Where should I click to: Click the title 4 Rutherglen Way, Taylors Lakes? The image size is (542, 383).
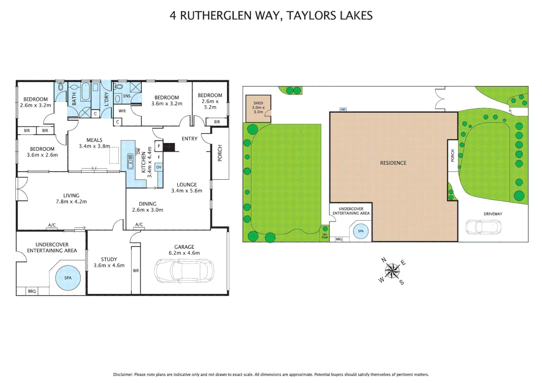[x=271, y=16]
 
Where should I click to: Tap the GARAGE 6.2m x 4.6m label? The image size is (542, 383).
[x=184, y=250]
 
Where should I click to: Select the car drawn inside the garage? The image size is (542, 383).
[x=184, y=271]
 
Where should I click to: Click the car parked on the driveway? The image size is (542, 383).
[x=483, y=227]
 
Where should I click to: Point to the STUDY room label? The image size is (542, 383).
[x=109, y=262]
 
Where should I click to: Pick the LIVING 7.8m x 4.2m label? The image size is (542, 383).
[x=71, y=198]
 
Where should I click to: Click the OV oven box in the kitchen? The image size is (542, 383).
[x=159, y=167]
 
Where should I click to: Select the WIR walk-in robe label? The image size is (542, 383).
[x=122, y=111]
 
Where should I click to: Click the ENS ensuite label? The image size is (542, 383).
[x=127, y=96]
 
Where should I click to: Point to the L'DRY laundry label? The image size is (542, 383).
[x=106, y=99]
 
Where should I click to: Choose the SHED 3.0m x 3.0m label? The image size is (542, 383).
[x=258, y=107]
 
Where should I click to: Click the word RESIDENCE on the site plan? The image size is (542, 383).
[x=393, y=163]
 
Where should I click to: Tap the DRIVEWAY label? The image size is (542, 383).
[x=493, y=214]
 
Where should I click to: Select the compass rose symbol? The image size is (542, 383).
[x=392, y=271]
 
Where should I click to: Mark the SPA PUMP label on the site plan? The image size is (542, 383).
[x=325, y=236]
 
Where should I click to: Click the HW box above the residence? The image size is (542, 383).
[x=343, y=110]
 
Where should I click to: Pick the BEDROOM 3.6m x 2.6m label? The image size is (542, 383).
[x=42, y=152]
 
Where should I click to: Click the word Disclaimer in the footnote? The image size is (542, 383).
[x=123, y=374]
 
